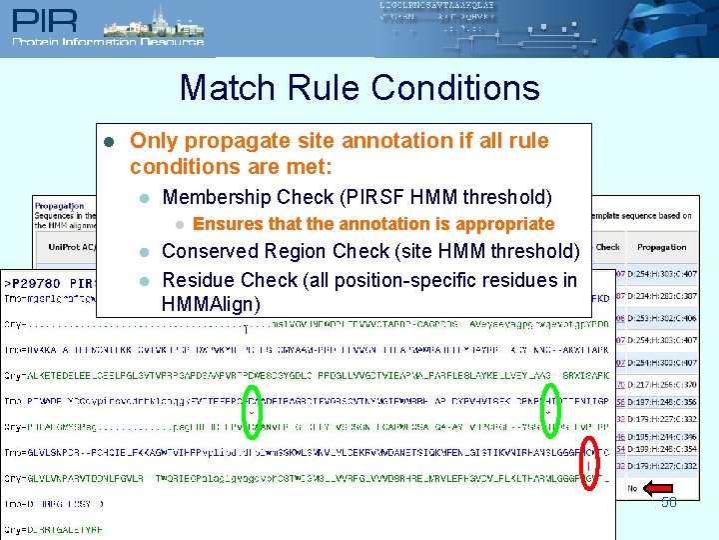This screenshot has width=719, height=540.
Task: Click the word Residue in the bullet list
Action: click(x=200, y=280)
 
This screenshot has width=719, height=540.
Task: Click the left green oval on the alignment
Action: click(x=253, y=412)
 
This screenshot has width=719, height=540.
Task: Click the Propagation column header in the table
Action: click(x=661, y=247)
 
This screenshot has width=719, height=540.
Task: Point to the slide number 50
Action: click(x=668, y=502)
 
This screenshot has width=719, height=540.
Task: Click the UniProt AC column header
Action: click(x=61, y=247)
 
